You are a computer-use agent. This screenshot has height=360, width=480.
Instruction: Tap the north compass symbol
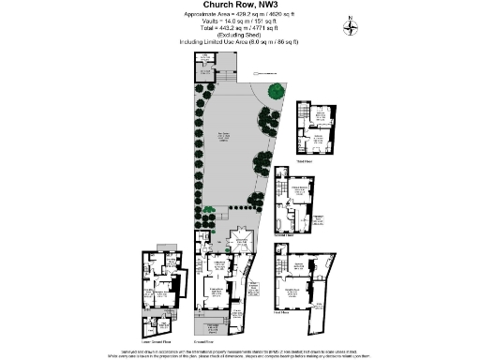click(x=350, y=24)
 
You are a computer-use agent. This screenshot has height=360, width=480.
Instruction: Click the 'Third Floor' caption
click(x=303, y=160)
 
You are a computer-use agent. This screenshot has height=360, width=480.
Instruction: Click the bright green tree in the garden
click(x=276, y=91)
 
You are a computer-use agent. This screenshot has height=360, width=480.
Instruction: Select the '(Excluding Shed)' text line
click(x=240, y=36)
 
